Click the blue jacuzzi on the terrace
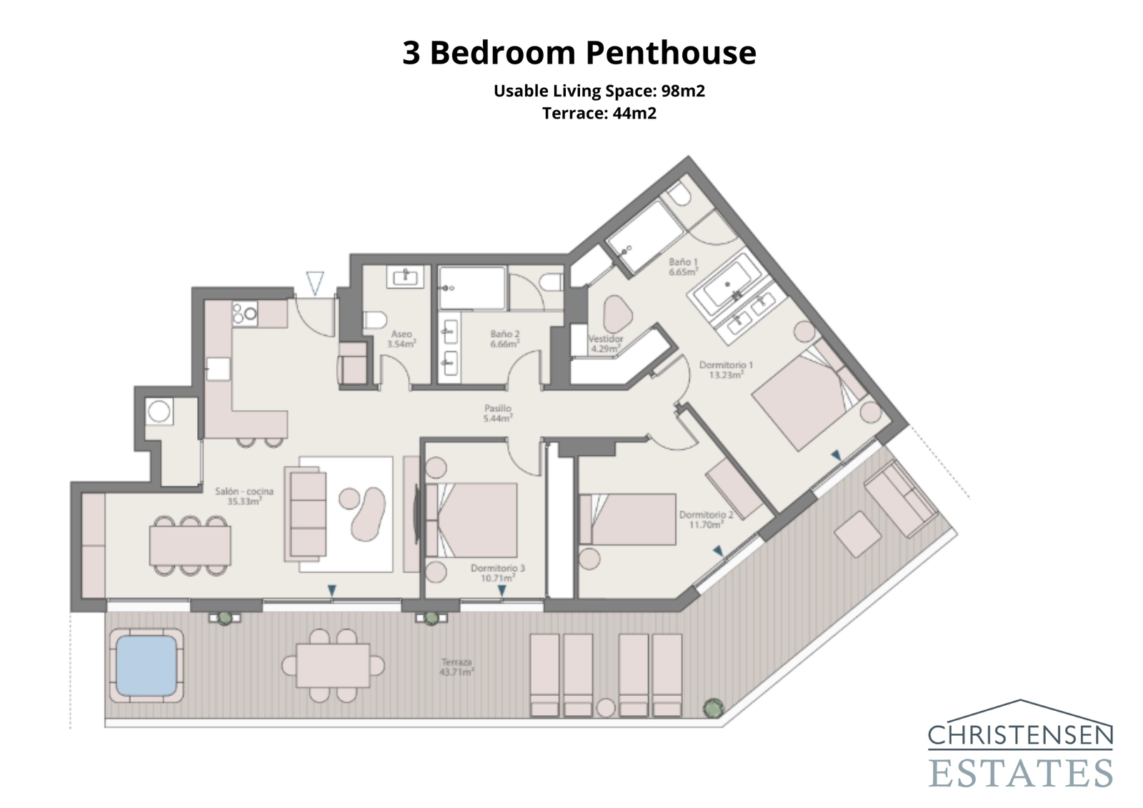click(146, 666)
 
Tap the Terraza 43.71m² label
click(458, 667)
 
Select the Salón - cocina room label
click(244, 496)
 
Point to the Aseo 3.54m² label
click(401, 339)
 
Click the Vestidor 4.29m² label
click(605, 344)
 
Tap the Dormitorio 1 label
click(726, 369)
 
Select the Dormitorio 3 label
click(497, 573)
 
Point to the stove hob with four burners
click(244, 313)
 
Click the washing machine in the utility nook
click(159, 412)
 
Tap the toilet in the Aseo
click(374, 319)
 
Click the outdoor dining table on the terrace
click(333, 665)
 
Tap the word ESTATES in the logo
click(1020, 773)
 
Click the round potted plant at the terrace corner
click(712, 708)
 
